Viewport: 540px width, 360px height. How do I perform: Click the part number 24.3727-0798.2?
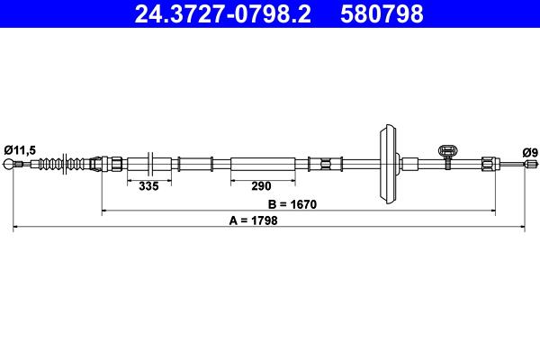pos(222,14)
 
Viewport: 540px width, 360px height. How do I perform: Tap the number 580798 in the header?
pos(382,14)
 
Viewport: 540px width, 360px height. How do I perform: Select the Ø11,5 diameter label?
pos(20,150)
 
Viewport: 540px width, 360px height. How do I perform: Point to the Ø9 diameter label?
pos(530,152)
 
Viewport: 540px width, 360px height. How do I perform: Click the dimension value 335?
pos(148,186)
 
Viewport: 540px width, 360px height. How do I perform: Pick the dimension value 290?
pos(261,186)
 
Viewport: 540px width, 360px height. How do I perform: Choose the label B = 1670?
pos(292,204)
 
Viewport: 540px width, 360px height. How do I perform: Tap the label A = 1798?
pos(254,220)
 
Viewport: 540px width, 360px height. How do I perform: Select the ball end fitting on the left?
pos(8,164)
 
